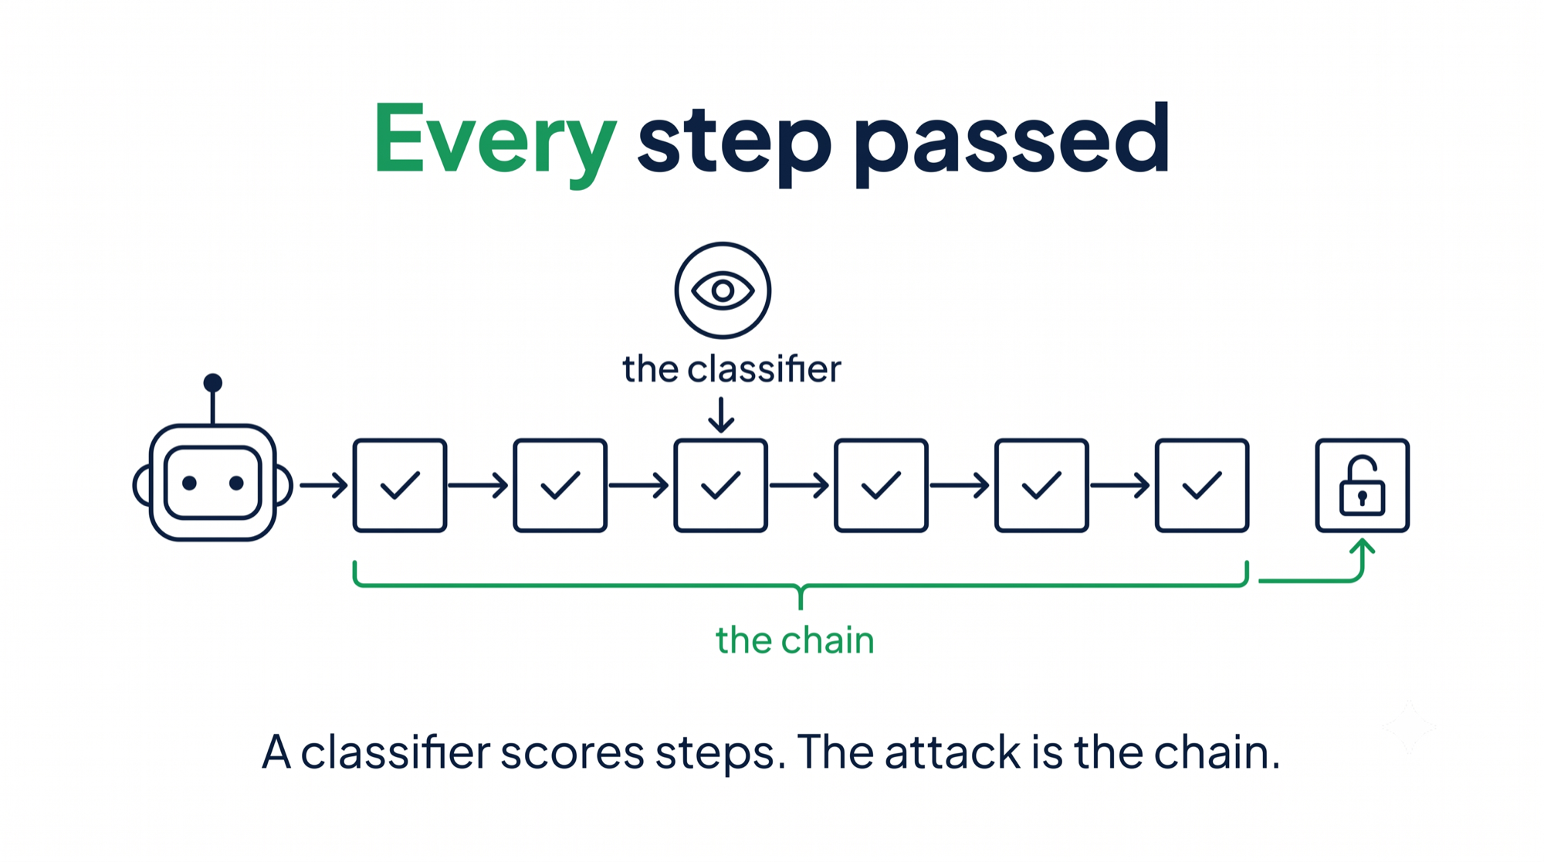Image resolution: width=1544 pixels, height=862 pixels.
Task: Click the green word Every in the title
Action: tap(495, 142)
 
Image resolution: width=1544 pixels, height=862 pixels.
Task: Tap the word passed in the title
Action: tap(1012, 142)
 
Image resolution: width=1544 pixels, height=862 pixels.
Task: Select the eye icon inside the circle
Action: tap(723, 290)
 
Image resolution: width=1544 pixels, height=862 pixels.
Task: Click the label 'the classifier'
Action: tap(732, 368)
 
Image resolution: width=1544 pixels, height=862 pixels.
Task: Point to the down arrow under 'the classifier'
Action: tap(721, 415)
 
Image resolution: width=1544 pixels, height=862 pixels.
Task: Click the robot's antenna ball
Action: tap(213, 382)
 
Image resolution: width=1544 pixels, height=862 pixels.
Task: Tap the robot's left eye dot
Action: tap(189, 483)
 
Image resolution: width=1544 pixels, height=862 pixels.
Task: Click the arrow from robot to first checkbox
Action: tap(323, 485)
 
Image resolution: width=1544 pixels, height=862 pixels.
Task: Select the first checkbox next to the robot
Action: tap(400, 485)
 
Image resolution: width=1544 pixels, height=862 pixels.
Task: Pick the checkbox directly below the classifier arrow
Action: tap(721, 485)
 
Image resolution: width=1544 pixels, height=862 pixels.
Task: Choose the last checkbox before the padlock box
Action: tap(1202, 485)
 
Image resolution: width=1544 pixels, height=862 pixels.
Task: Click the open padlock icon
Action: tap(1363, 486)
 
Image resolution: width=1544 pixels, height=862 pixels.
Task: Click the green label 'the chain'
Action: tap(795, 640)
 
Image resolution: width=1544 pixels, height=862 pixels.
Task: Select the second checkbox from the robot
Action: tap(560, 485)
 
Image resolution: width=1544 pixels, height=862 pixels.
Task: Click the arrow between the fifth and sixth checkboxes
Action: tap(1119, 485)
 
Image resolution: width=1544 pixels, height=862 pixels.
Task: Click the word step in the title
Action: tap(734, 142)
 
